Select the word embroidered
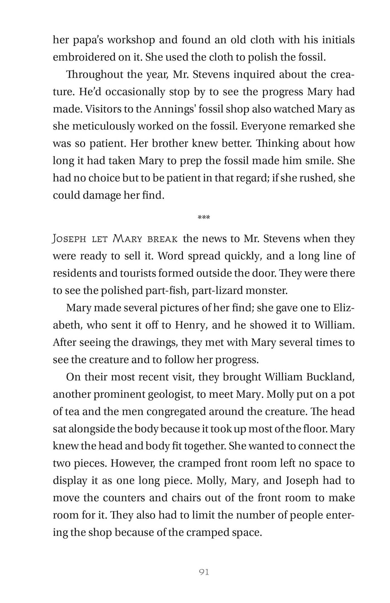[83, 57]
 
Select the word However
[133, 463]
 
